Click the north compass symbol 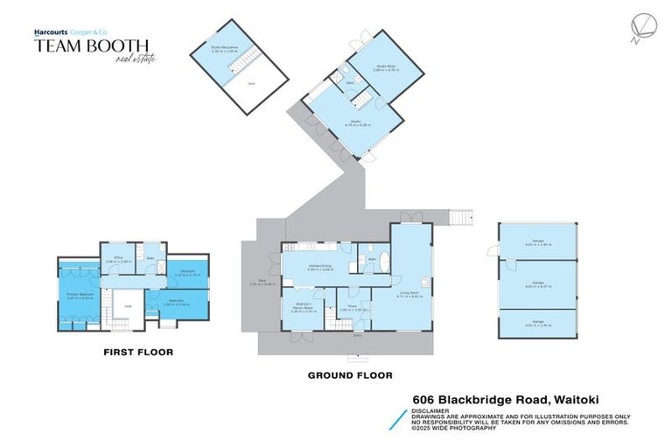(637, 29)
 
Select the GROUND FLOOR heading (349, 374)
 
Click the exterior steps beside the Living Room (461, 215)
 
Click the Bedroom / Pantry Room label (302, 309)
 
